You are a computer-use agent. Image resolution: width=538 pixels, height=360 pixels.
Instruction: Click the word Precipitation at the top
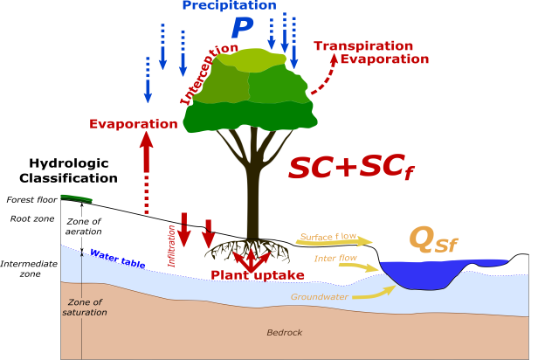230,6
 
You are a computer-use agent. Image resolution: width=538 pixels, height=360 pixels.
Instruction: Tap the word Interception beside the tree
209,73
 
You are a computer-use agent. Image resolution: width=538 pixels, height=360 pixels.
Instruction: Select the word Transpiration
362,45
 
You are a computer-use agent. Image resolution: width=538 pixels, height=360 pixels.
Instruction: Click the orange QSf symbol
433,239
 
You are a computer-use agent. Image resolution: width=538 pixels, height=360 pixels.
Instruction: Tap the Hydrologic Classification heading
73,170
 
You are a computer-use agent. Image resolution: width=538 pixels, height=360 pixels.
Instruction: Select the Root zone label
31,220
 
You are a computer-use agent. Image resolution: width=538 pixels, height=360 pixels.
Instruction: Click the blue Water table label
119,256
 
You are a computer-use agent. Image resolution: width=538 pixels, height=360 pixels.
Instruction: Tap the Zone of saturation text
84,308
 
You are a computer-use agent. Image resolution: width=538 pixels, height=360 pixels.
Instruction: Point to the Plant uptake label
258,275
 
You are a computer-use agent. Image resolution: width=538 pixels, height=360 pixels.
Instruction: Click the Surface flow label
328,237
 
